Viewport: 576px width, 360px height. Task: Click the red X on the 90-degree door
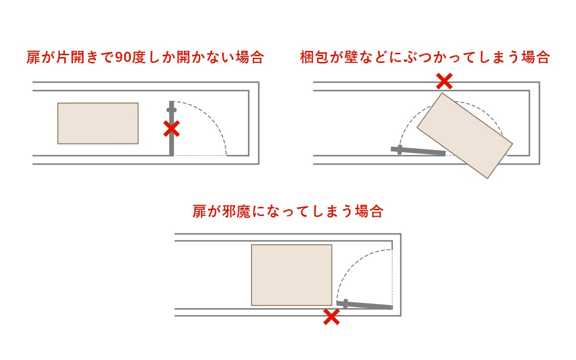coord(171,129)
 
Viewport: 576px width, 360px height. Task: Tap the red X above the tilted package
coord(444,81)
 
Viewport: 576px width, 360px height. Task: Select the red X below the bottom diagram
coord(332,317)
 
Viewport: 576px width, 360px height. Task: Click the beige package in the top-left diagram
coord(98,123)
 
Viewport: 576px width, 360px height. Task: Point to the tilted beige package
coord(465,135)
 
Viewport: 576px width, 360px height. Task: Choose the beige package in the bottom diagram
coord(292,275)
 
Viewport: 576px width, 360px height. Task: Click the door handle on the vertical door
coord(171,110)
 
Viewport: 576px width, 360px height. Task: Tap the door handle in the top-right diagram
coord(399,150)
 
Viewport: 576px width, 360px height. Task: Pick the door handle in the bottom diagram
coord(346,304)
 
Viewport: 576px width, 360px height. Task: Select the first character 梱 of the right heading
coord(307,57)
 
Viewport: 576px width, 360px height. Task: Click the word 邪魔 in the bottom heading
coord(236,211)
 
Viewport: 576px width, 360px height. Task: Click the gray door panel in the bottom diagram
coord(365,305)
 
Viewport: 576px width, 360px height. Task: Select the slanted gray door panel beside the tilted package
coord(418,151)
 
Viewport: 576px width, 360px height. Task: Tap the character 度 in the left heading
coord(139,57)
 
